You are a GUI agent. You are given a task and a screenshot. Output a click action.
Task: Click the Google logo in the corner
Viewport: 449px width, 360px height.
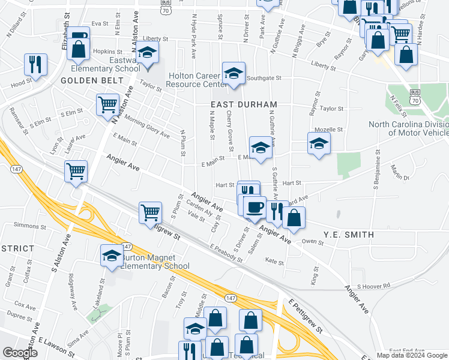[20, 353]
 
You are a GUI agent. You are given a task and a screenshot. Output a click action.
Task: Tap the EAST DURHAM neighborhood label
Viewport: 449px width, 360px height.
[235, 104]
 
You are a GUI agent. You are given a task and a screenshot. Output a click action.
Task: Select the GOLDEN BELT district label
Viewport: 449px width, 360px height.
[83, 80]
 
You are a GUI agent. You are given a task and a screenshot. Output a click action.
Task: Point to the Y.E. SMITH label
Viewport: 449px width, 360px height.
[349, 235]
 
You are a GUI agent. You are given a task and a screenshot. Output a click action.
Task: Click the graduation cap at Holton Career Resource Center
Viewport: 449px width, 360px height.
[233, 73]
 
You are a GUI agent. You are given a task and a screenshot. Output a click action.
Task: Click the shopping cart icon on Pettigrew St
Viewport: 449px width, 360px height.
[149, 212]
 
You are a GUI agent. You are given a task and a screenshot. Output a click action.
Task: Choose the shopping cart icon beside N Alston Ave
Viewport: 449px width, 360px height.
[107, 104]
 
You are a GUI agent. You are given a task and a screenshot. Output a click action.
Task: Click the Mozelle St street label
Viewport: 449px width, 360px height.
[331, 129]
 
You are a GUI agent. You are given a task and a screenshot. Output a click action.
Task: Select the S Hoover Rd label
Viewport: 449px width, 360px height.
[373, 286]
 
